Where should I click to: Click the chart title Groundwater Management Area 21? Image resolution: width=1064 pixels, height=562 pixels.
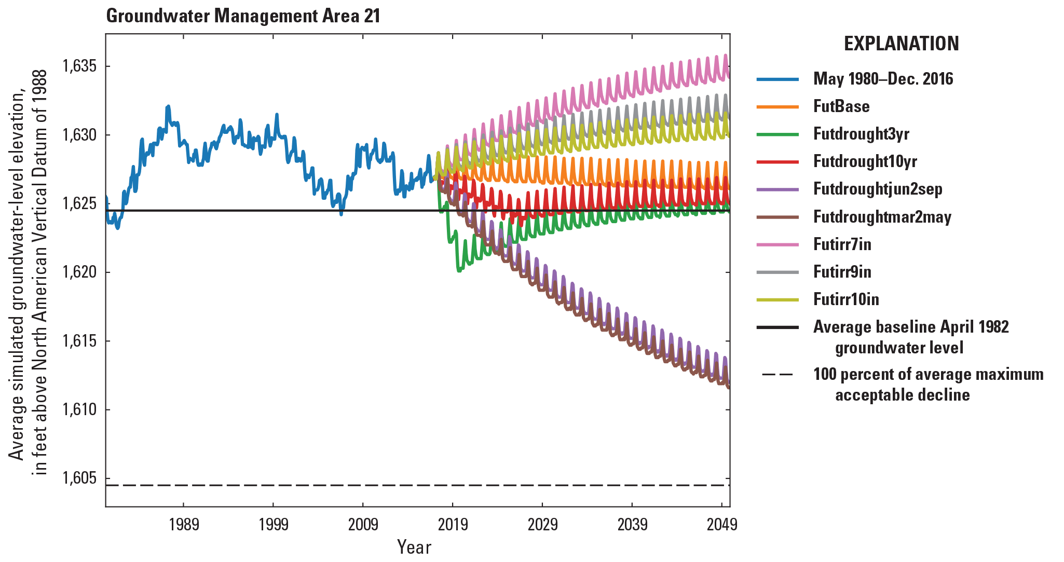(243, 16)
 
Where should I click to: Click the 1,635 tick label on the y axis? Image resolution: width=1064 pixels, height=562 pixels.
(79, 66)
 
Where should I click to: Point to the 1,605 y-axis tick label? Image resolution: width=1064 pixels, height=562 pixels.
(79, 478)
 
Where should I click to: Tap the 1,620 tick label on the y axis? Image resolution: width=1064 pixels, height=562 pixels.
(79, 272)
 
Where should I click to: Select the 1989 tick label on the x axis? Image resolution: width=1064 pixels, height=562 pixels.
(184, 525)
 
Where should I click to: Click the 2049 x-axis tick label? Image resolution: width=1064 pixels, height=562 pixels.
(721, 525)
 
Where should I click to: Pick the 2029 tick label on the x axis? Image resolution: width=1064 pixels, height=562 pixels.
(542, 525)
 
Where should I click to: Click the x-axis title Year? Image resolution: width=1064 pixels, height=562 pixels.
(414, 547)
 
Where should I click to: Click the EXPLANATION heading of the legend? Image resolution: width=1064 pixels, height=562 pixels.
(901, 44)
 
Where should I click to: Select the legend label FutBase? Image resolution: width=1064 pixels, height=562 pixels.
(841, 106)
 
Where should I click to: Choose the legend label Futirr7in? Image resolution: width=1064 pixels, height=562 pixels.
(842, 244)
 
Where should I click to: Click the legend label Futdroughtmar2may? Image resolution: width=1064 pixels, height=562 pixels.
(882, 216)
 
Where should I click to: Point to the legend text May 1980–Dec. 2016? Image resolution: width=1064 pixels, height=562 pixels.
(883, 79)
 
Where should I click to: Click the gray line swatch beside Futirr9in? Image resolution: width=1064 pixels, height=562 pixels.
(777, 272)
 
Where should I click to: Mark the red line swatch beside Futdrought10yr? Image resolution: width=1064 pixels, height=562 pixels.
(777, 161)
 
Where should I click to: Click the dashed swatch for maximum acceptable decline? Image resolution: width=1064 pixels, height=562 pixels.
(777, 375)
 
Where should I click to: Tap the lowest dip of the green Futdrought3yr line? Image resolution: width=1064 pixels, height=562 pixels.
(458, 270)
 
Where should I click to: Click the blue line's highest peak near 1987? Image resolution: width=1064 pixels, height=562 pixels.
(168, 106)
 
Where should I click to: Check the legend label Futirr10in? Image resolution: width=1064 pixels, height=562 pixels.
(846, 299)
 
